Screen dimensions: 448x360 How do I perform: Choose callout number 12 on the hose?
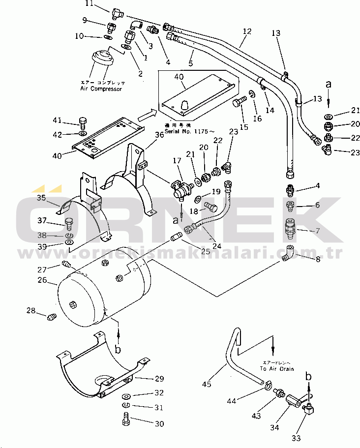coord(247,31)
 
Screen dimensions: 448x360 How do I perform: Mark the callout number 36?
coord(158,134)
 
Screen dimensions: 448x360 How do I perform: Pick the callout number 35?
coord(41,198)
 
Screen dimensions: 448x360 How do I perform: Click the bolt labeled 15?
coord(240,102)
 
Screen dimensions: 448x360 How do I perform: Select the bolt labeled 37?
coord(69,224)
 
